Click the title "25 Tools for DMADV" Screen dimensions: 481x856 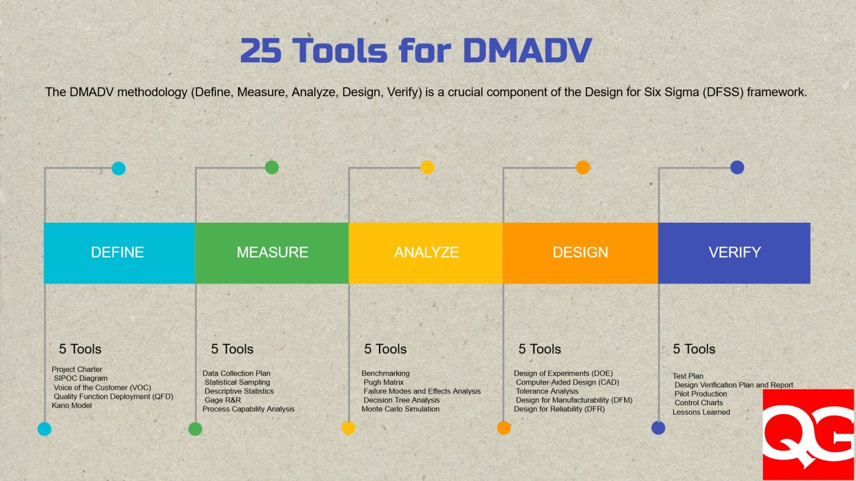pos(415,51)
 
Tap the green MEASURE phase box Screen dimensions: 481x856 pos(272,253)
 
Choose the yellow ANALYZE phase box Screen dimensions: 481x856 pos(426,253)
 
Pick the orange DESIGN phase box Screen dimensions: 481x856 pos(580,253)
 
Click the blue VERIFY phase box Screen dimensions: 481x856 pos(734,253)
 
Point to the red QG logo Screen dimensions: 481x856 pos(808,434)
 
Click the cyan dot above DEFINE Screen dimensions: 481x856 pos(118,168)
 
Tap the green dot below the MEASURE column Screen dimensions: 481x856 pos(195,429)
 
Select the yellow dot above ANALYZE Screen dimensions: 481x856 pos(427,167)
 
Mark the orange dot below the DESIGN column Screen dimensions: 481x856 pos(504,428)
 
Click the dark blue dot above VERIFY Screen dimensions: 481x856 pos(737,167)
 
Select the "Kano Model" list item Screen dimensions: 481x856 pos(72,405)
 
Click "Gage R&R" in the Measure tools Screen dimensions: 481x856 pos(222,400)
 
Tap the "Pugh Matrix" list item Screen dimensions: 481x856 pos(383,382)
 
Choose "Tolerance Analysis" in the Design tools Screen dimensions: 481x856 pos(547,391)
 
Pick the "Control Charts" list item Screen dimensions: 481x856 pos(698,403)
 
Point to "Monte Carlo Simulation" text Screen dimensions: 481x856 pos(400,409)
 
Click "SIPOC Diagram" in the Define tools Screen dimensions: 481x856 pos(80,378)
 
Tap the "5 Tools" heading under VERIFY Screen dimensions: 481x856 pos(694,349)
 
